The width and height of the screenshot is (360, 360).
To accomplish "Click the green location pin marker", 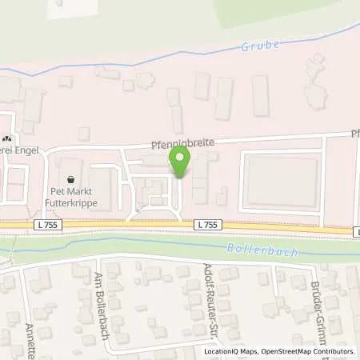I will click(179, 163).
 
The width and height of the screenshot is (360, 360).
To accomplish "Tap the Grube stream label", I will click(260, 46).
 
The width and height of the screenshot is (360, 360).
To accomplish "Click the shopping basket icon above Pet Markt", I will click(73, 181).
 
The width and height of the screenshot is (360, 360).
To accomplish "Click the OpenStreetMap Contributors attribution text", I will click(307, 350).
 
